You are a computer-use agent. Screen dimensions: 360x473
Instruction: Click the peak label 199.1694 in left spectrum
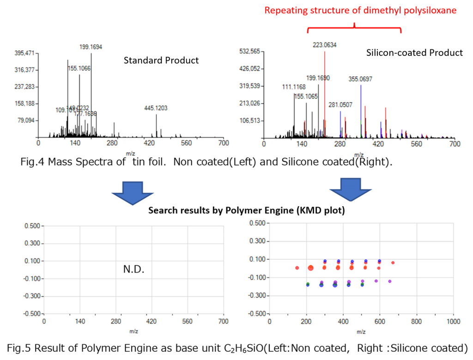point(91,47)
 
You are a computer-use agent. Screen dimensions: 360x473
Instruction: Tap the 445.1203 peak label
point(156,108)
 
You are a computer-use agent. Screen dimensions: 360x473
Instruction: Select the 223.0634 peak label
point(324,45)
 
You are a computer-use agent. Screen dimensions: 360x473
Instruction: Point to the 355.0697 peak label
point(360,79)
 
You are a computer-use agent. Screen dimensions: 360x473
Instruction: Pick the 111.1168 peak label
point(294,87)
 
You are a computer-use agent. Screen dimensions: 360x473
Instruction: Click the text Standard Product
point(161,61)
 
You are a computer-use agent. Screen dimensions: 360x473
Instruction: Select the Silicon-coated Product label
point(414,53)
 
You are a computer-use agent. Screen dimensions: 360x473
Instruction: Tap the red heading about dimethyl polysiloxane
point(361,10)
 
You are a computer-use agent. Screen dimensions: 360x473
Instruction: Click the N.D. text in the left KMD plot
point(133,269)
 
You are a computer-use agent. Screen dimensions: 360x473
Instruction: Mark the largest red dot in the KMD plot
point(310,268)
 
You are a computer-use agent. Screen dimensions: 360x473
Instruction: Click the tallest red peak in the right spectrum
point(325,92)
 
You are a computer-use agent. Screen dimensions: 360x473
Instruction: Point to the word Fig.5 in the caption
point(19,348)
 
